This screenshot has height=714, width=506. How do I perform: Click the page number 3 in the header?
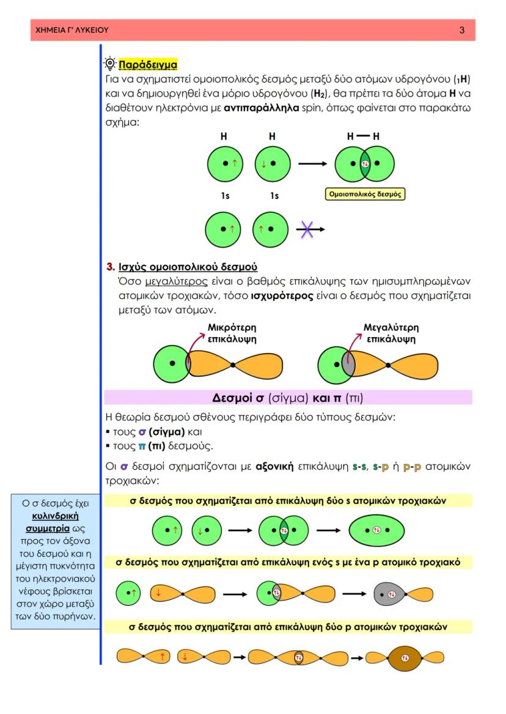(x=462, y=30)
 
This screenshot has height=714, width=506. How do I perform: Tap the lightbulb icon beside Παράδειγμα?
(x=109, y=64)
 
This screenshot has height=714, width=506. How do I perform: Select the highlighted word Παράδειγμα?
(x=147, y=64)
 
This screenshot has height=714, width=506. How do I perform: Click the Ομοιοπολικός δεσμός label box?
(x=364, y=195)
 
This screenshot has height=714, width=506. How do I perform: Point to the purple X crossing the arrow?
(x=307, y=230)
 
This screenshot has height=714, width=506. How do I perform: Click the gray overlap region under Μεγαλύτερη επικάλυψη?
(x=348, y=365)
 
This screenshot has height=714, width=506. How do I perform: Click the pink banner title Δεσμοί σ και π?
(x=287, y=398)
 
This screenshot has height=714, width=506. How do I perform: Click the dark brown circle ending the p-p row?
(x=405, y=658)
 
